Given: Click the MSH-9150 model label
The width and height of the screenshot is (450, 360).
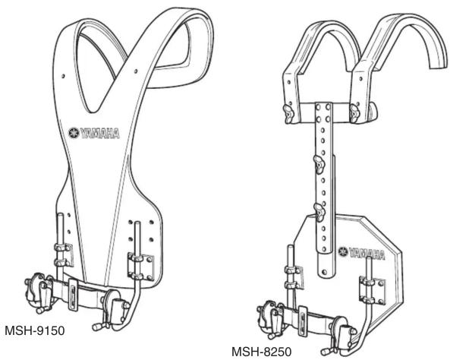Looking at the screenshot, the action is tap(35, 330).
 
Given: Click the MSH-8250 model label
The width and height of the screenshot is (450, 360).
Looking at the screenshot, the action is tap(262, 352).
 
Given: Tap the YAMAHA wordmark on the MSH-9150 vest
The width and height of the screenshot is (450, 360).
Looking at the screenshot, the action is tap(99, 134).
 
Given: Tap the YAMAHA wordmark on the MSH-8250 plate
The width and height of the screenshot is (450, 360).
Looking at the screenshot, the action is tap(367, 254).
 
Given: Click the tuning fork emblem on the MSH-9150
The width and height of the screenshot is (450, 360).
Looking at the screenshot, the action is tap(74, 133).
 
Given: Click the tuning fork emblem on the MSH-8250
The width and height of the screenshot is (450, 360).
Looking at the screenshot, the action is tap(343, 252).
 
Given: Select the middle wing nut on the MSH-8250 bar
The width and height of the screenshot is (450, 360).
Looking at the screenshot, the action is tap(319, 164).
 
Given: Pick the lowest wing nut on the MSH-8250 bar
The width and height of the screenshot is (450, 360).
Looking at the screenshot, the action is tap(319, 212).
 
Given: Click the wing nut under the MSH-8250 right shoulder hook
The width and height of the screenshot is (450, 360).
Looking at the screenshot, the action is tap(355, 113).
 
